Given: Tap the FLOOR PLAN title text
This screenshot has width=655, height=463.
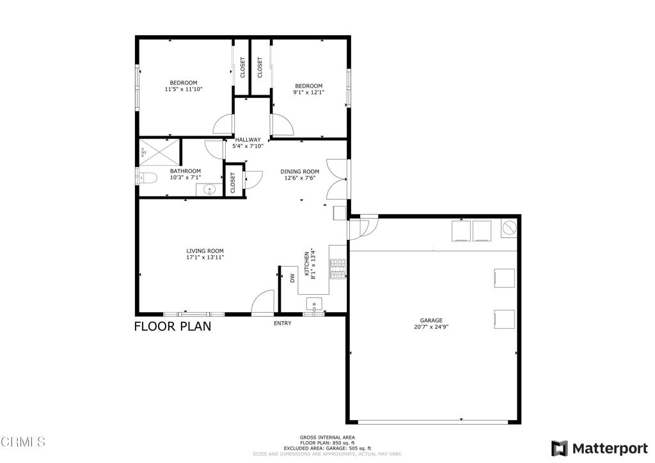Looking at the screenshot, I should pos(172,327).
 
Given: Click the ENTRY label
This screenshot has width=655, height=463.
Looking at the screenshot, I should pos(282,324).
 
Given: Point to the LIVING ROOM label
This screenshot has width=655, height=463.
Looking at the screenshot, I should pos(205,251).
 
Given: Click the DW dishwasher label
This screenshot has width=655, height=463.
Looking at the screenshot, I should pos(292,278).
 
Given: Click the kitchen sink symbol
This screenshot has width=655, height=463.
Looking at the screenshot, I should pos(314,302).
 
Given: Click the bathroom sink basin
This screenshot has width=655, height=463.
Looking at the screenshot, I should pos(210,190).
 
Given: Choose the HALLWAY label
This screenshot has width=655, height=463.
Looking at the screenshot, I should pos(248,139).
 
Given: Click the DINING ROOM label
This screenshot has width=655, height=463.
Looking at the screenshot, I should pos(300,171).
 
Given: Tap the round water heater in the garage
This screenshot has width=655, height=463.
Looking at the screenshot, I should pos(509,228).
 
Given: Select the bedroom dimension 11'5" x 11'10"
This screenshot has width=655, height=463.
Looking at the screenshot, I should pos(183,90).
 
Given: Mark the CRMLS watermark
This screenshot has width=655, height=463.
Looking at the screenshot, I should pos(24,442).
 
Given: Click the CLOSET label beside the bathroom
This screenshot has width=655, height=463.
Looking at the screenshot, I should pos(233,183).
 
